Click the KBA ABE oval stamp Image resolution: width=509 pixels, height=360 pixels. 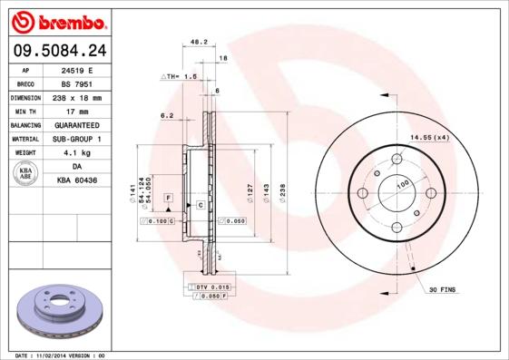click(x=25, y=174)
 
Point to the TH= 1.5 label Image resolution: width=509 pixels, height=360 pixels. click(x=181, y=77)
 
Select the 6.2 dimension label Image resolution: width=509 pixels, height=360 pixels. click(x=167, y=115)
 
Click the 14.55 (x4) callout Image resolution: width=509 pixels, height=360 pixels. click(x=429, y=137)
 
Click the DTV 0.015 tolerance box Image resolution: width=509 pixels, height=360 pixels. click(x=210, y=287)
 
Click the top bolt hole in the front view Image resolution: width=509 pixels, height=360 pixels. click(x=396, y=161)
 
